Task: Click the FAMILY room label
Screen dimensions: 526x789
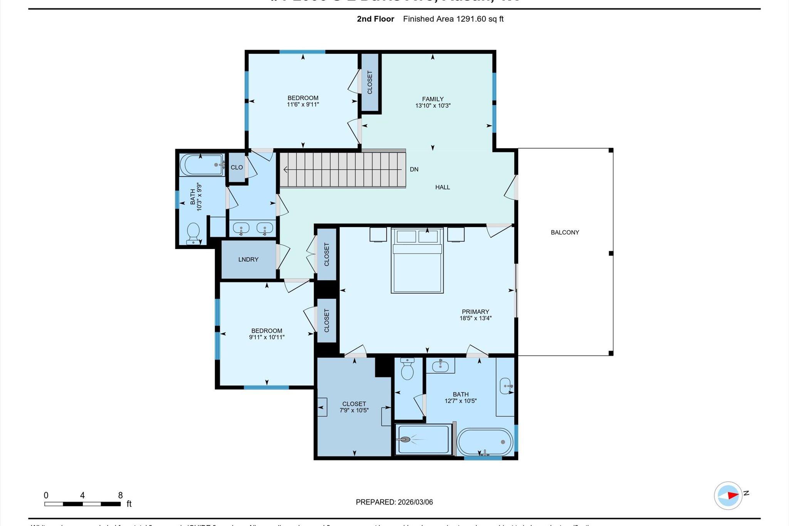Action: [x=433, y=99]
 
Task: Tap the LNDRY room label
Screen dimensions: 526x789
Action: [x=248, y=259]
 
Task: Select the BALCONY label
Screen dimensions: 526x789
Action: [x=565, y=232]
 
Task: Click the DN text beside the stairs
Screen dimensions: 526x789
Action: [x=414, y=169]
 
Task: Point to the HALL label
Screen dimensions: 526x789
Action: [x=442, y=187]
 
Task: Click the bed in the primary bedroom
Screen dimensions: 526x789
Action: [x=417, y=266]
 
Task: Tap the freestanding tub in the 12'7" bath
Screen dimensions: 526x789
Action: [x=485, y=442]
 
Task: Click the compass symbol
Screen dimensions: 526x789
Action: [x=728, y=496]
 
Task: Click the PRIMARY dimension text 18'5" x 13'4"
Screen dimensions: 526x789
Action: [x=475, y=318]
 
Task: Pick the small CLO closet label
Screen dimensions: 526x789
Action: [x=237, y=167]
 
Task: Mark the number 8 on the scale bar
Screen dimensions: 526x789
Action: [x=120, y=495]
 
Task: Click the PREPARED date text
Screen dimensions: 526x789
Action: [x=394, y=502]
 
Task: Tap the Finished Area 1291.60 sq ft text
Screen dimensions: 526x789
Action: [x=453, y=19]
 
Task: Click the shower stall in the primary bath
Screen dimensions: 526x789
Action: [x=423, y=439]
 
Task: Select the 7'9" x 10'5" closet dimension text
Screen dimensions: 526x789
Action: [x=354, y=410]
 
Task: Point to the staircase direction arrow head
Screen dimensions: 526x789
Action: [x=285, y=169]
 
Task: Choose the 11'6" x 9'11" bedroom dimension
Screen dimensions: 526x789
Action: [x=303, y=104]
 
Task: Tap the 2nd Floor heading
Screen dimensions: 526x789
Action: [x=375, y=19]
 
